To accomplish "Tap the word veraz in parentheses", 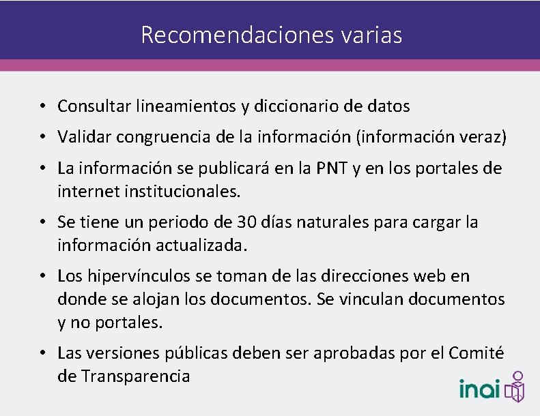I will pos(482,137).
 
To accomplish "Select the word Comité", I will pos(476,353).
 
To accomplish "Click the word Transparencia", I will pos(135,376).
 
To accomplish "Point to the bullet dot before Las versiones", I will pos(42,353).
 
